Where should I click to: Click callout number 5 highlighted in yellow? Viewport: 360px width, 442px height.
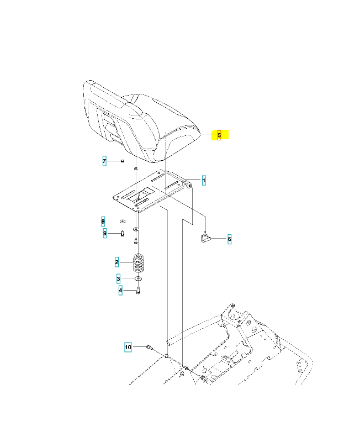pos(219,135)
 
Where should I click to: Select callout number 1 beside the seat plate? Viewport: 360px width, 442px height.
pos(203,181)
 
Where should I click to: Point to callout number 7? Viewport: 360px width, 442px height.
pos(104,161)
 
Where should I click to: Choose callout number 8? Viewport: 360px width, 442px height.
pos(103,222)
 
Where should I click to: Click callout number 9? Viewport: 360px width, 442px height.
pos(104,233)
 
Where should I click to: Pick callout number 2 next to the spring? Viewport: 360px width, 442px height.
pos(117,261)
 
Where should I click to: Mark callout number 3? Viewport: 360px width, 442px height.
pos(118,278)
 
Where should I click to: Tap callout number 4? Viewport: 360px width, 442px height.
pos(120,290)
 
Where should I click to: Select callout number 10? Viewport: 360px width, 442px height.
pos(128,347)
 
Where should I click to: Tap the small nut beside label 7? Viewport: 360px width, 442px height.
pos(123,161)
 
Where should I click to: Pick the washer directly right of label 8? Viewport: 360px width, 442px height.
pos(121,222)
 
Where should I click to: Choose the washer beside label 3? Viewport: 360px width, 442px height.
pos(138,279)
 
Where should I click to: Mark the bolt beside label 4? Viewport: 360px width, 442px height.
pos(138,291)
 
